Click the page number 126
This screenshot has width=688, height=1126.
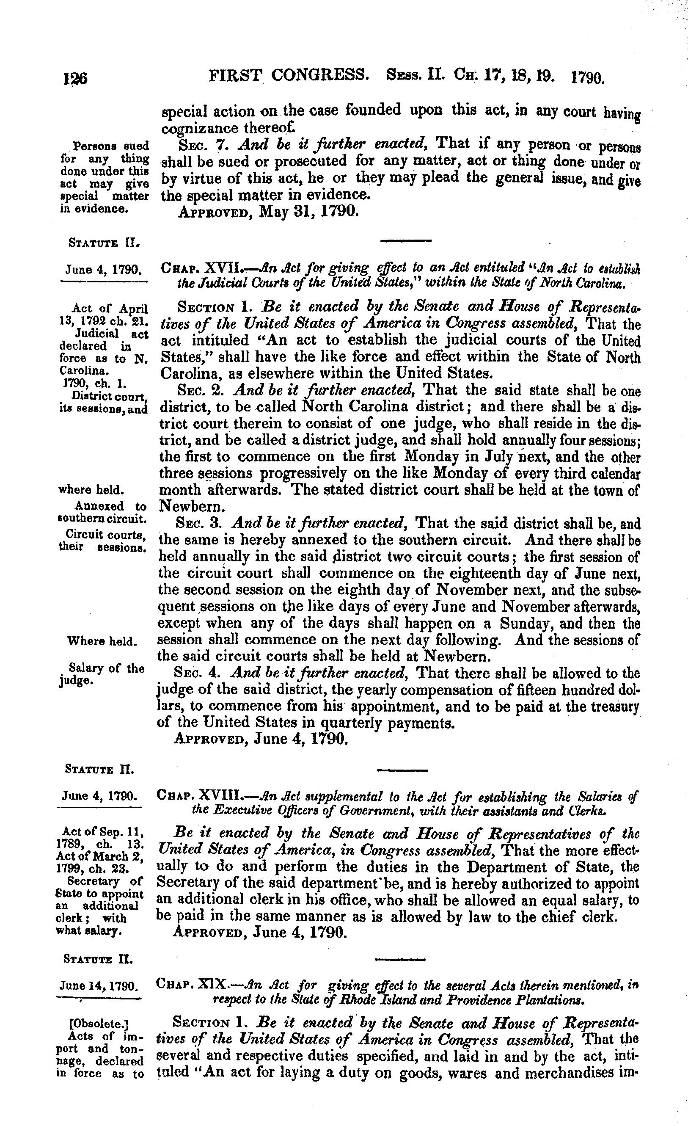coord(75,79)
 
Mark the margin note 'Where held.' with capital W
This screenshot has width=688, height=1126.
coord(102,641)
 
